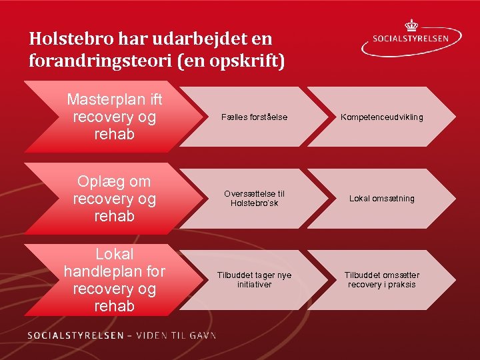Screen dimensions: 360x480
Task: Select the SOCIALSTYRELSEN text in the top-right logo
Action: (419, 39)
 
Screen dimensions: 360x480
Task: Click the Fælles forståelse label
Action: (254, 117)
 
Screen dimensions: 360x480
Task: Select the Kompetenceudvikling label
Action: (381, 117)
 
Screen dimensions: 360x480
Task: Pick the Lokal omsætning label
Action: (383, 198)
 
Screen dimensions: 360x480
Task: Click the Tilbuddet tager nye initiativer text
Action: (254, 279)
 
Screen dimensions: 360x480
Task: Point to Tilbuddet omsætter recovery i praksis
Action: (381, 279)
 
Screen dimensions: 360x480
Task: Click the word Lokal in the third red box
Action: (114, 254)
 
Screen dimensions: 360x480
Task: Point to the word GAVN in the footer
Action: (201, 335)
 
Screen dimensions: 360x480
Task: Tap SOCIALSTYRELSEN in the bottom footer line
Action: (75, 335)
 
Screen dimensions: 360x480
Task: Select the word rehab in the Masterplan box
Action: (114, 135)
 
